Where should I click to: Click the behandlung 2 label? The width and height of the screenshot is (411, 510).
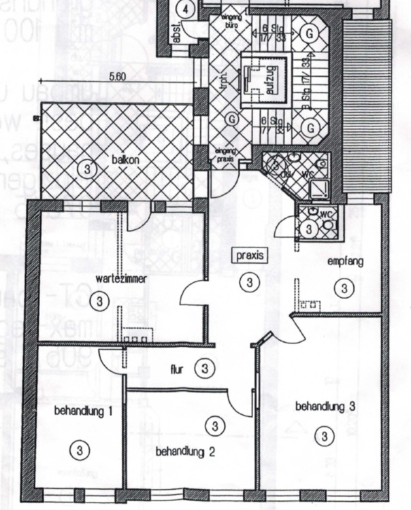tap(185, 451)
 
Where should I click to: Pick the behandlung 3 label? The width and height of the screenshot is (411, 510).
tap(325, 407)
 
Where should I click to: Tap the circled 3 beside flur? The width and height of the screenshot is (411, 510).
tap(205, 369)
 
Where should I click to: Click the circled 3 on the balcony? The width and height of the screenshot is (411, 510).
tap(86, 167)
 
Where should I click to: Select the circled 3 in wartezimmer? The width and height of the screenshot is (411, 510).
tap(100, 300)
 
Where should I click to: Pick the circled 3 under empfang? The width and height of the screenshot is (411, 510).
tap(345, 288)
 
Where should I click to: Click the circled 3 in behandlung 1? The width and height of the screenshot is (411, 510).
tap(80, 449)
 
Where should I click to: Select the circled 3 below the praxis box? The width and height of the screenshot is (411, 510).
tap(250, 282)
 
